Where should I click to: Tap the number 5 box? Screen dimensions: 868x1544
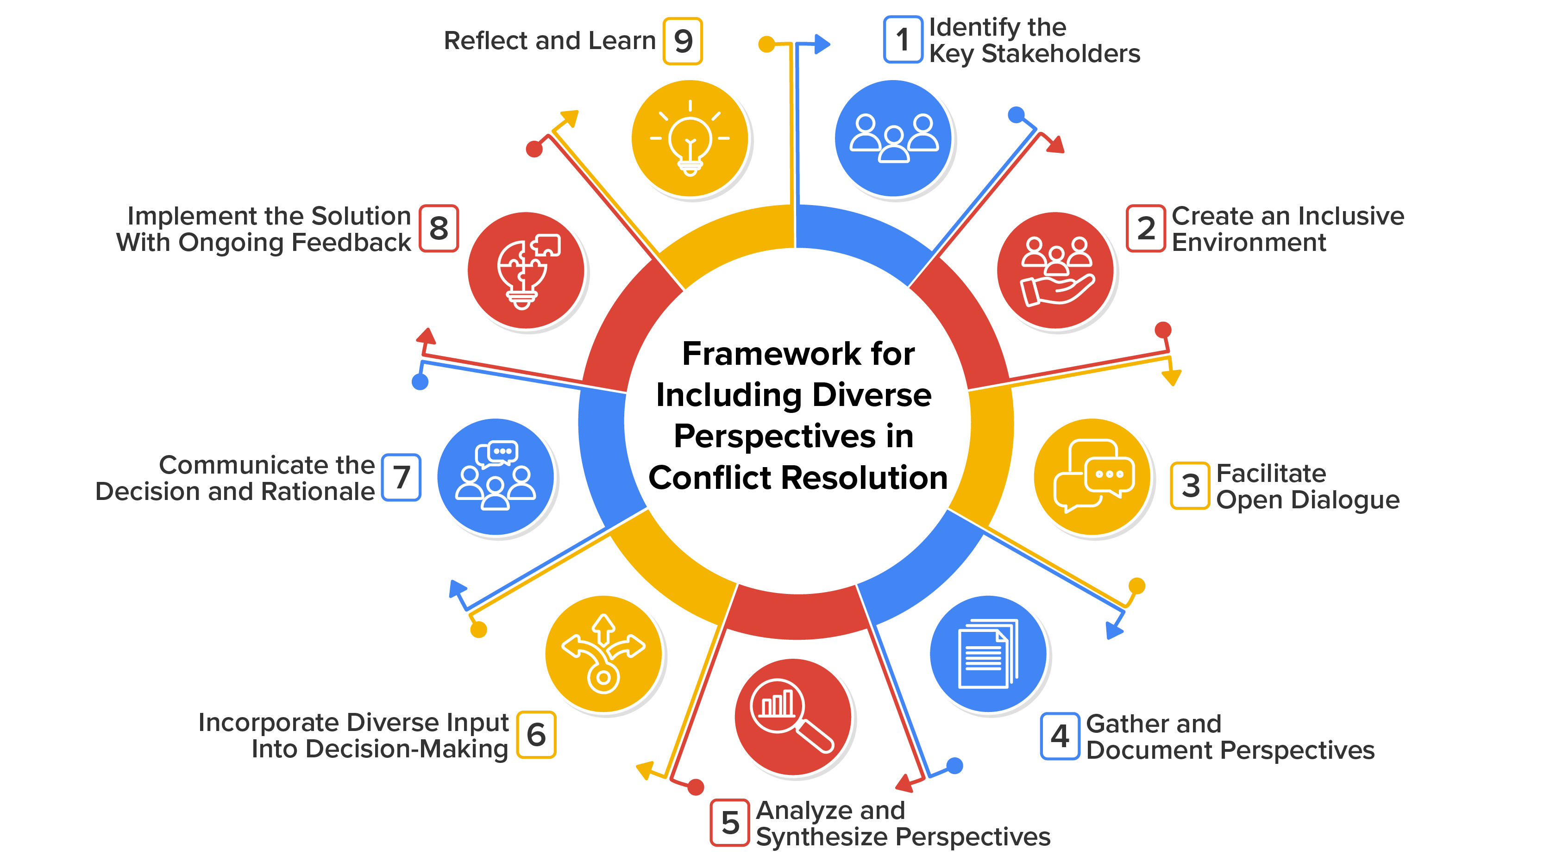point(729,823)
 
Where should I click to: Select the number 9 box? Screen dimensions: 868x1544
point(682,41)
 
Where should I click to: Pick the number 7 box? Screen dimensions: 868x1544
point(401,477)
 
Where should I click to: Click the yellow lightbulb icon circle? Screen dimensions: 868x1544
point(690,139)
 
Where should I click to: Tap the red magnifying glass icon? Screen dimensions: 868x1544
point(792,717)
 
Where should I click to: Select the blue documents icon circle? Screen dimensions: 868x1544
point(988,654)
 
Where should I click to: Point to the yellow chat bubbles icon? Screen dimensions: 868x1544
point(1092,477)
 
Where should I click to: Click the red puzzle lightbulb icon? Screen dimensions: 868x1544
point(526,271)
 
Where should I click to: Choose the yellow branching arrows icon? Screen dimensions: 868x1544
point(603,654)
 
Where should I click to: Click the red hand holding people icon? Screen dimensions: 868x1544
point(1055,271)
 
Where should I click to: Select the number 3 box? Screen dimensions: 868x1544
point(1190,486)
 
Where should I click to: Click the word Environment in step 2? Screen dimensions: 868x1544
point(1249,243)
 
